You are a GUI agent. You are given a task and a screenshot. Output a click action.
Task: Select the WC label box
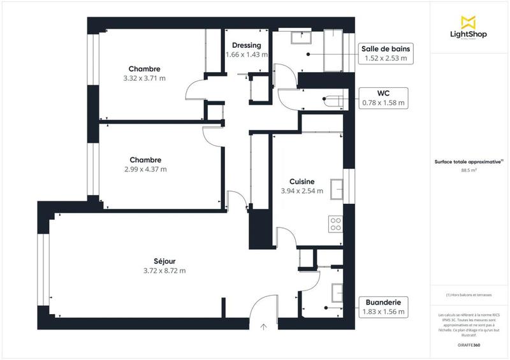point(384,97)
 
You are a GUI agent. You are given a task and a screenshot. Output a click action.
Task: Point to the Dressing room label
point(245,46)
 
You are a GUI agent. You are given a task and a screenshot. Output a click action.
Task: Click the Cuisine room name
point(302,181)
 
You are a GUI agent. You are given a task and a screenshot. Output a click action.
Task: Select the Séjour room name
point(164,261)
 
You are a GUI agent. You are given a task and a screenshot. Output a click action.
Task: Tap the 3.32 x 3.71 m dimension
point(144,78)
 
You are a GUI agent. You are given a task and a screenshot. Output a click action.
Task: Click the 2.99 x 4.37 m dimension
point(145,169)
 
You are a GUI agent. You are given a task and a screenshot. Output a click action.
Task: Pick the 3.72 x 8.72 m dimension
point(164,270)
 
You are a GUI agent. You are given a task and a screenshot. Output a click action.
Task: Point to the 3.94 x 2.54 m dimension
point(302,191)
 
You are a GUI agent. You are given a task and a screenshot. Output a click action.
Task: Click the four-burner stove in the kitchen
point(335,224)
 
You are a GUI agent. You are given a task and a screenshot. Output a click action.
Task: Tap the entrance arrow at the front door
point(264,327)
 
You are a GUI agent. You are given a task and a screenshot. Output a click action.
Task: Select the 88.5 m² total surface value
point(469,170)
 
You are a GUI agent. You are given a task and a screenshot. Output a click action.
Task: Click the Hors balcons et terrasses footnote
point(469,295)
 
